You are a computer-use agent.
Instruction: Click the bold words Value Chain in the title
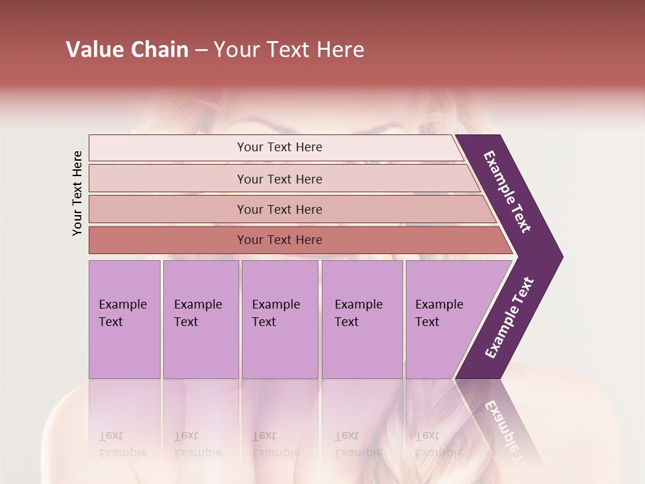127,50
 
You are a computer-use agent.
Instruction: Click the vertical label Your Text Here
77,193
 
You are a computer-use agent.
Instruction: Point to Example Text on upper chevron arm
507,192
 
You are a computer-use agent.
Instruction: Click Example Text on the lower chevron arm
509,318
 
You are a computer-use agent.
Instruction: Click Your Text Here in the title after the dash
289,50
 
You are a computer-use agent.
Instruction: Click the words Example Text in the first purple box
122,313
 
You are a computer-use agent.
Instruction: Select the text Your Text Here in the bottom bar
279,240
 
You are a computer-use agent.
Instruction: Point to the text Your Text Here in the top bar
279,147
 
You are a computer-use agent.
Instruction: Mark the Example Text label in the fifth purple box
439,313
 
